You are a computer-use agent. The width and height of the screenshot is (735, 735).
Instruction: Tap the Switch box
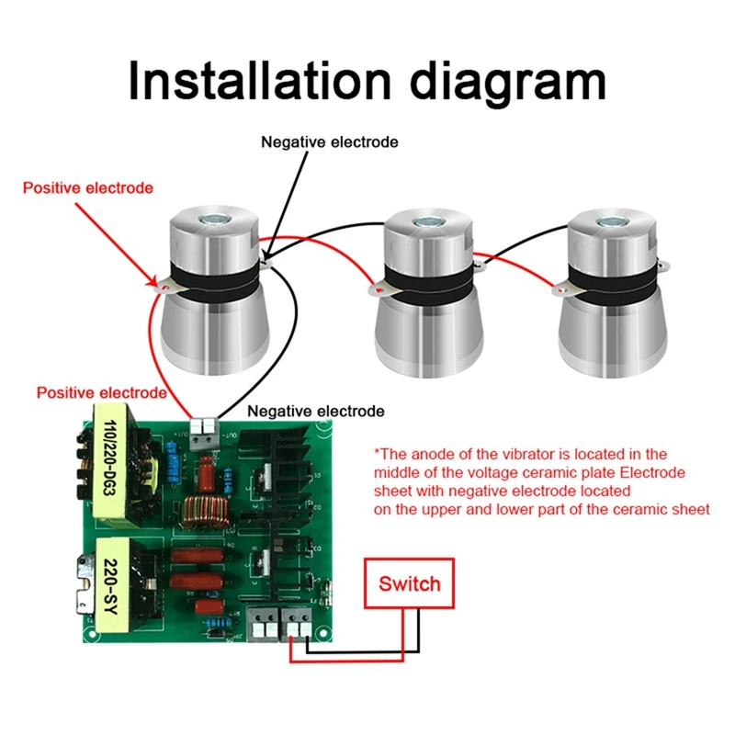(x=409, y=583)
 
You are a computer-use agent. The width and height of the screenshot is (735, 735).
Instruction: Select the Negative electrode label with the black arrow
(x=330, y=142)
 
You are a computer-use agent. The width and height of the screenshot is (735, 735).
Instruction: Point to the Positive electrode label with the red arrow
(x=88, y=187)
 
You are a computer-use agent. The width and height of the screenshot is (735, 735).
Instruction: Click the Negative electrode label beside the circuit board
(x=316, y=411)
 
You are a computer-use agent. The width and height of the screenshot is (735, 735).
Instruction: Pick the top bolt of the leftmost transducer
(x=218, y=220)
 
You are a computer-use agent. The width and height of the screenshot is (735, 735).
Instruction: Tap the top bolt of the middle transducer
(x=429, y=223)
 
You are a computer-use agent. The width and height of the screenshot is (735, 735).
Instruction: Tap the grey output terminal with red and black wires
(x=203, y=432)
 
